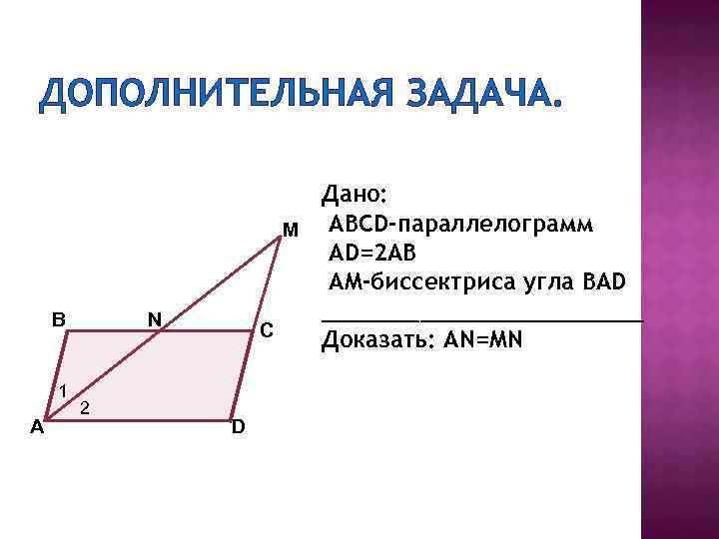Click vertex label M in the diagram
(290, 232)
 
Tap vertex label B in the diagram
(59, 319)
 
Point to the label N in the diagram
(154, 319)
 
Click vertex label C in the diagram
(266, 330)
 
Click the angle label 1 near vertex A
(61, 391)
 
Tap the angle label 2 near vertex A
(86, 408)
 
